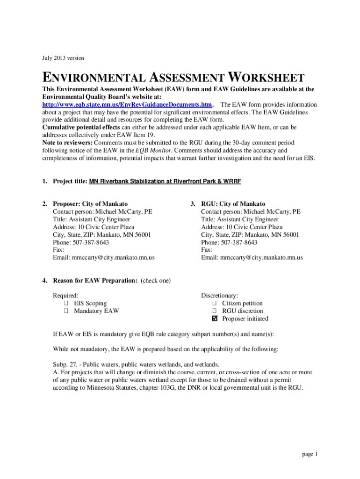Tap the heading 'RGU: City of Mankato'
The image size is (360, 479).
click(x=233, y=204)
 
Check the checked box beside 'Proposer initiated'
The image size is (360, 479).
click(x=215, y=319)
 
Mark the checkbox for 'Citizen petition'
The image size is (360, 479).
click(x=215, y=303)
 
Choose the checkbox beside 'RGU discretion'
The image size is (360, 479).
click(x=215, y=311)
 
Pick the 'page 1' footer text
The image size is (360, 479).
click(x=310, y=454)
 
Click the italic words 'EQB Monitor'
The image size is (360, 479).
click(x=153, y=150)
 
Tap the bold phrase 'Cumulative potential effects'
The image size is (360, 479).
click(x=80, y=127)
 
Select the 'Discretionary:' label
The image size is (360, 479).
click(x=220, y=295)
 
